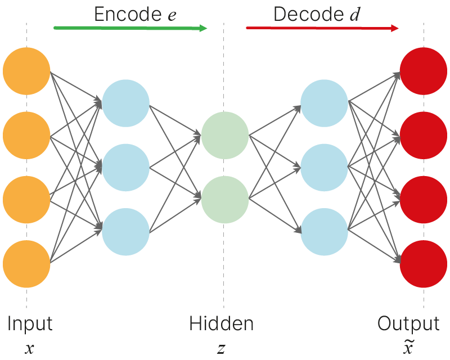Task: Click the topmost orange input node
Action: [26, 71]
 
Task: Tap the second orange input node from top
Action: [26, 136]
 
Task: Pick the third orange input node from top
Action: [26, 200]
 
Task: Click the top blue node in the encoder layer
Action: [125, 103]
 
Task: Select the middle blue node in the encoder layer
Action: [125, 167]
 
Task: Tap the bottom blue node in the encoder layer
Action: [125, 231]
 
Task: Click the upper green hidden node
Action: [225, 136]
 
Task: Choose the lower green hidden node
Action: [225, 200]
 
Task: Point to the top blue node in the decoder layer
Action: [324, 103]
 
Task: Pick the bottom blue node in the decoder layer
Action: [324, 231]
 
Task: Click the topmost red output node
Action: [423, 71]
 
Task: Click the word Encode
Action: [127, 15]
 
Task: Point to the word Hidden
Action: [221, 324]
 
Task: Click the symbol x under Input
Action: [29, 349]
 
